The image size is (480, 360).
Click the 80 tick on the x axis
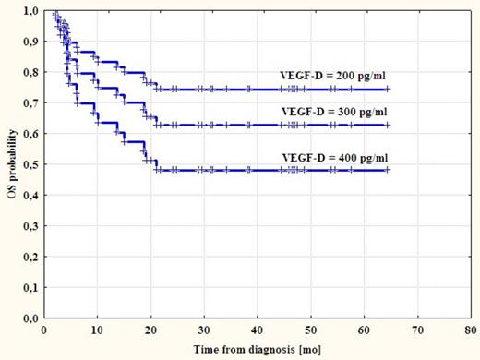(x=472, y=329)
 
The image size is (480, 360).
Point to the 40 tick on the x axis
(x=258, y=329)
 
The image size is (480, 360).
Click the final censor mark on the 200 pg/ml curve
(x=387, y=90)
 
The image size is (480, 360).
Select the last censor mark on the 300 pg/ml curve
(x=387, y=125)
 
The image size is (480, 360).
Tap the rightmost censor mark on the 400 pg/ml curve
(x=387, y=170)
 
